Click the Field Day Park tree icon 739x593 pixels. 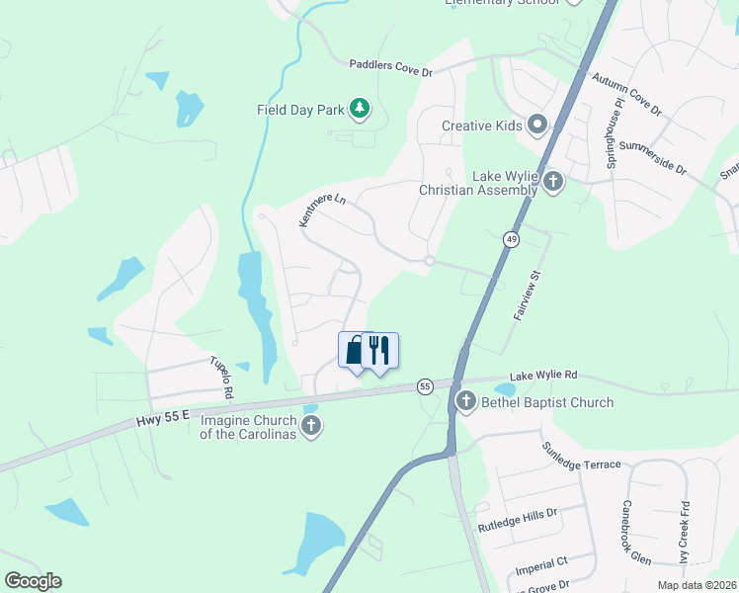pyautogui.click(x=361, y=109)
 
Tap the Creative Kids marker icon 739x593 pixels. pyautogui.click(x=537, y=125)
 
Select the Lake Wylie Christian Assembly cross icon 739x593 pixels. pyautogui.click(x=553, y=181)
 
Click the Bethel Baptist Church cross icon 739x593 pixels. pyautogui.click(x=465, y=401)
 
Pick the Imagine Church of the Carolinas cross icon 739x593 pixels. pyautogui.click(x=311, y=426)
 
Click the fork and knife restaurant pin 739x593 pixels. pyautogui.click(x=379, y=351)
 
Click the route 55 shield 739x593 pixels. pyautogui.click(x=425, y=385)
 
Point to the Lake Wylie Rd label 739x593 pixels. pyautogui.click(x=544, y=376)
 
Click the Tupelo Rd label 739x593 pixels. pyautogui.click(x=221, y=377)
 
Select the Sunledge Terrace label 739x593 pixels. pyautogui.click(x=580, y=457)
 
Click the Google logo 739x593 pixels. pyautogui.click(x=33, y=581)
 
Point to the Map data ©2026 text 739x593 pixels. pyautogui.click(x=697, y=585)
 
